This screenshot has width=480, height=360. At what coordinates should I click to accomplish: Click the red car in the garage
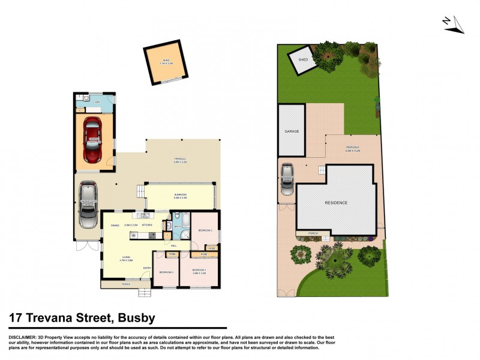93,139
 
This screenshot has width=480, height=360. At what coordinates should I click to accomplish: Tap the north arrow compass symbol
453,24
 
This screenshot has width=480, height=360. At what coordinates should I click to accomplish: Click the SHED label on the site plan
304,59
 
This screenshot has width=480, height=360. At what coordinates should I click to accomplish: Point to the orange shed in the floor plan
163,61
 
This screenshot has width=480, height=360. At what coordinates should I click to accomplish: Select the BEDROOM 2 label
205,229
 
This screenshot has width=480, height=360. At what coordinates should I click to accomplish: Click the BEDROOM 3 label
166,272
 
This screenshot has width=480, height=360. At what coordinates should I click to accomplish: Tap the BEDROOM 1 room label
199,270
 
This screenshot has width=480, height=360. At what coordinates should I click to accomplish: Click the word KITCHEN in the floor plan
147,225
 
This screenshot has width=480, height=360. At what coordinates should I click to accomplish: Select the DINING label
115,225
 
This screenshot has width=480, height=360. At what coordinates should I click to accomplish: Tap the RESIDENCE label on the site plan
336,203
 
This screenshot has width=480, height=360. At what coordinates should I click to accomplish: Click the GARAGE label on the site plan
292,131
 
